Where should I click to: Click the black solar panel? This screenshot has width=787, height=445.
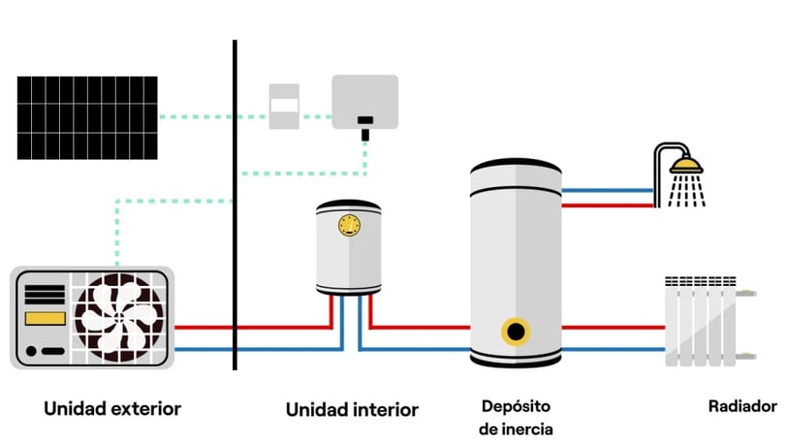pyautogui.click(x=87, y=118)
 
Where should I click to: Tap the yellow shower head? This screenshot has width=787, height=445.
pyautogui.click(x=686, y=166)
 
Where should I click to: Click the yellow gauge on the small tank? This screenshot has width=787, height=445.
pyautogui.click(x=349, y=226)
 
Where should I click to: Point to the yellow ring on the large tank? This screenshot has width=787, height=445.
pyautogui.click(x=516, y=332)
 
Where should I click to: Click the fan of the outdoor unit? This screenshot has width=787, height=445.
pyautogui.click(x=119, y=317)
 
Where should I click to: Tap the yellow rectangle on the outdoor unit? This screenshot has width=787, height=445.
pyautogui.click(x=46, y=318)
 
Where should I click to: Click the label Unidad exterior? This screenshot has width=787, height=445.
pyautogui.click(x=112, y=408)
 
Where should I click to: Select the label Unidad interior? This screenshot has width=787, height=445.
pyautogui.click(x=352, y=409)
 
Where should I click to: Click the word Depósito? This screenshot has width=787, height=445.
pyautogui.click(x=516, y=406)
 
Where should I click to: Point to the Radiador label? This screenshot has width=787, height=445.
pyautogui.click(x=742, y=406)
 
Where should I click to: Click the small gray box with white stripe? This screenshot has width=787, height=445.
pyautogui.click(x=284, y=106)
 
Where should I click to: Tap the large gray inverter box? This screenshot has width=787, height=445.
pyautogui.click(x=364, y=102)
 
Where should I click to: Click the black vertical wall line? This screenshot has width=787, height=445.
pyautogui.click(x=235, y=205)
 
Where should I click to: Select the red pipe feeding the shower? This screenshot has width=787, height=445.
pyautogui.click(x=608, y=206)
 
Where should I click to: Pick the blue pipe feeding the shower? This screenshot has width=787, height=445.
pyautogui.click(x=608, y=190)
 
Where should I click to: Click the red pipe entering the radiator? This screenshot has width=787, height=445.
pyautogui.click(x=614, y=328)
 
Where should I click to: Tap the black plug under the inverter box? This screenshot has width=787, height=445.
pyautogui.click(x=365, y=128)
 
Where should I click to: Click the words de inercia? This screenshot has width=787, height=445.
pyautogui.click(x=516, y=429)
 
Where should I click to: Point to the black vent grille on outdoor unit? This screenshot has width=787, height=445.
pyautogui.click(x=46, y=295)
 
